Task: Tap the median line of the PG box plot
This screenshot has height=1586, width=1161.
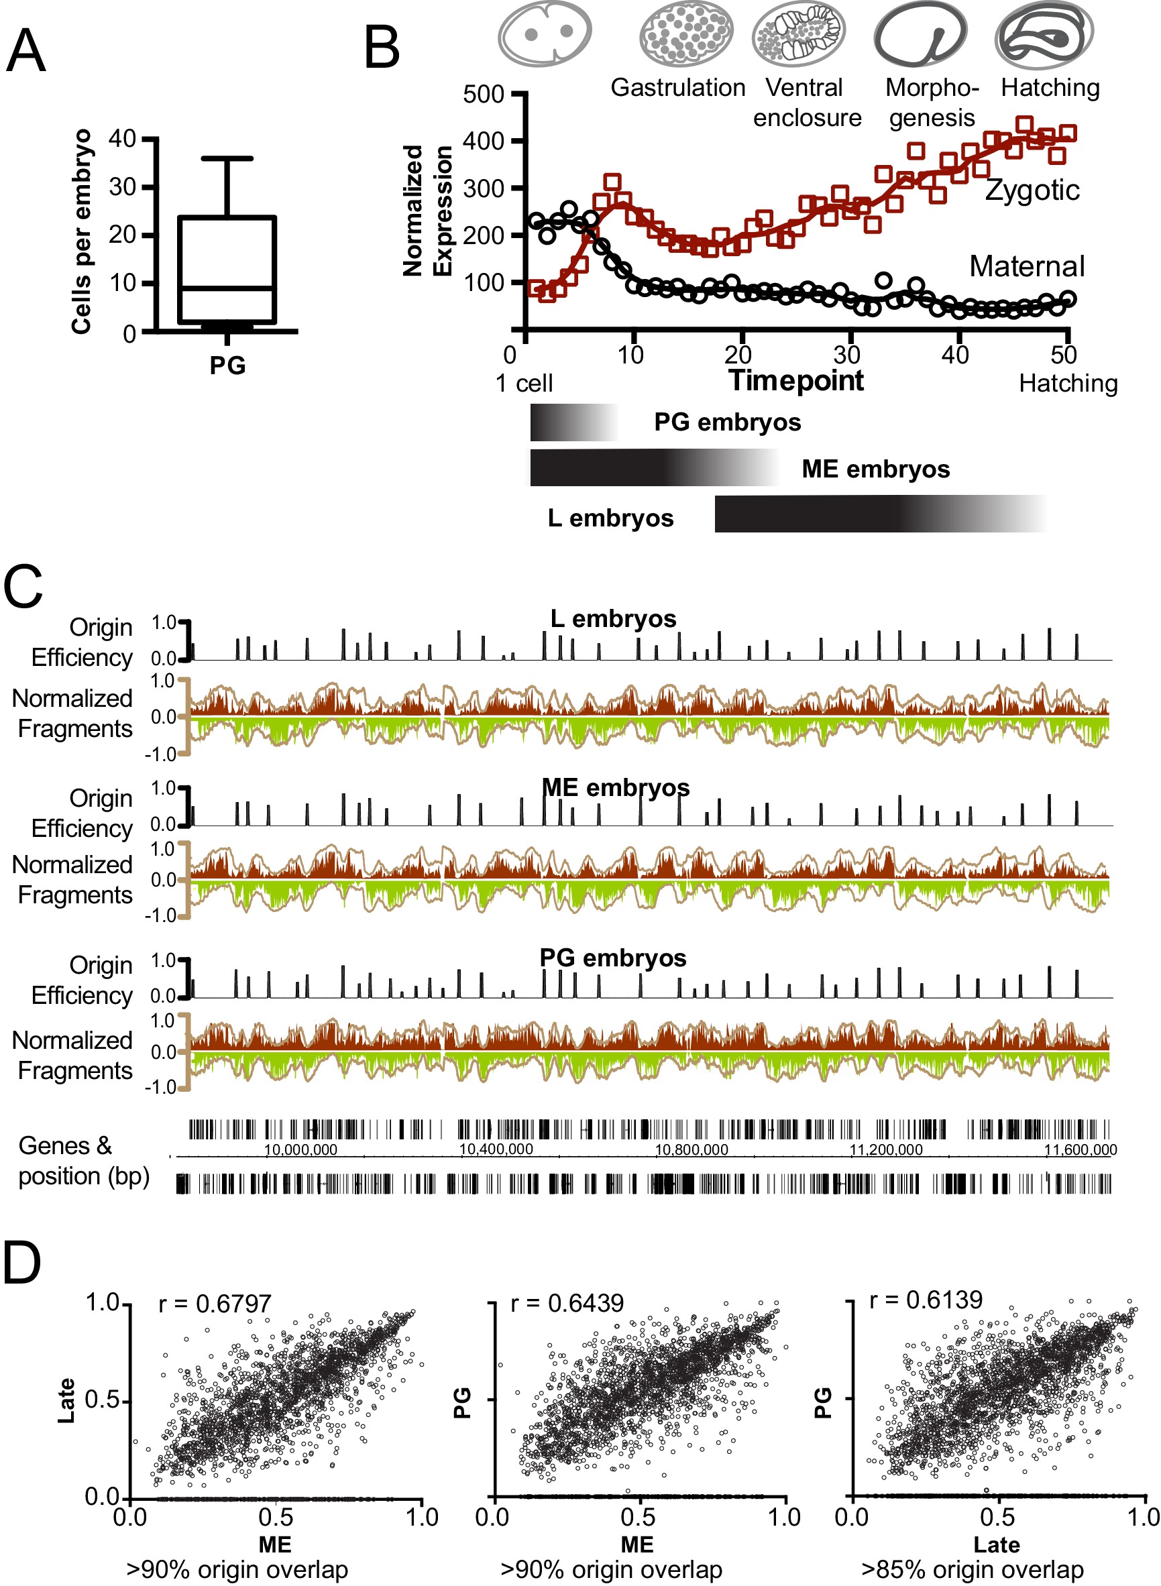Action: click(x=227, y=288)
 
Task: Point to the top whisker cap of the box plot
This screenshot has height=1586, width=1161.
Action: click(x=227, y=159)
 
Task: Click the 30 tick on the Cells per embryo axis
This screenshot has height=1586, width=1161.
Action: click(x=122, y=187)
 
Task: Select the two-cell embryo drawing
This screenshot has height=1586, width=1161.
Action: click(x=545, y=33)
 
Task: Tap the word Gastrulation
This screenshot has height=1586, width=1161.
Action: click(x=677, y=88)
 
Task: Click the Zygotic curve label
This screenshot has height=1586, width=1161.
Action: click(x=1032, y=190)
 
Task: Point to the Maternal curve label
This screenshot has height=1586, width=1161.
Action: click(x=1027, y=267)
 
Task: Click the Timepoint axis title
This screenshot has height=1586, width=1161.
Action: click(x=796, y=381)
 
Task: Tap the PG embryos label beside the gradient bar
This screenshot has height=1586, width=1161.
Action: click(x=727, y=422)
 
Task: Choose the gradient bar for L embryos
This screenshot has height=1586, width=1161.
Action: click(x=879, y=514)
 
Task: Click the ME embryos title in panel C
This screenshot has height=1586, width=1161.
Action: click(x=616, y=788)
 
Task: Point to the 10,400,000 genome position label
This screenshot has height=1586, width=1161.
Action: click(x=496, y=1149)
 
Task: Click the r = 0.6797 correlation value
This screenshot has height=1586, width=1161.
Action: click(x=215, y=1304)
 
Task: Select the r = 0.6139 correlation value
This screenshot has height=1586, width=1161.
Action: click(x=926, y=1300)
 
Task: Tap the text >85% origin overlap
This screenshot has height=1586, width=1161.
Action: click(x=972, y=1569)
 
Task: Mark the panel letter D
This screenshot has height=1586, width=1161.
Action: click(x=23, y=1264)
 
